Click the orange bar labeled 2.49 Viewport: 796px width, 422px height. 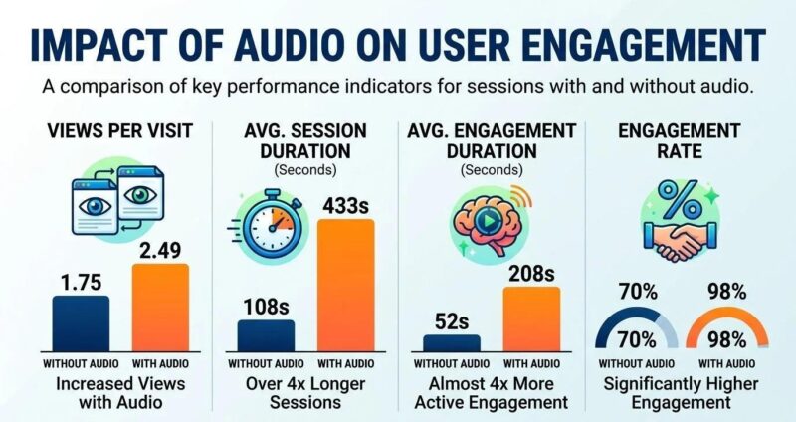tap(161, 304)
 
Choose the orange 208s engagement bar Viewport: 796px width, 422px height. tap(531, 314)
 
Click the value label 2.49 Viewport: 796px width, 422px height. tap(161, 249)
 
